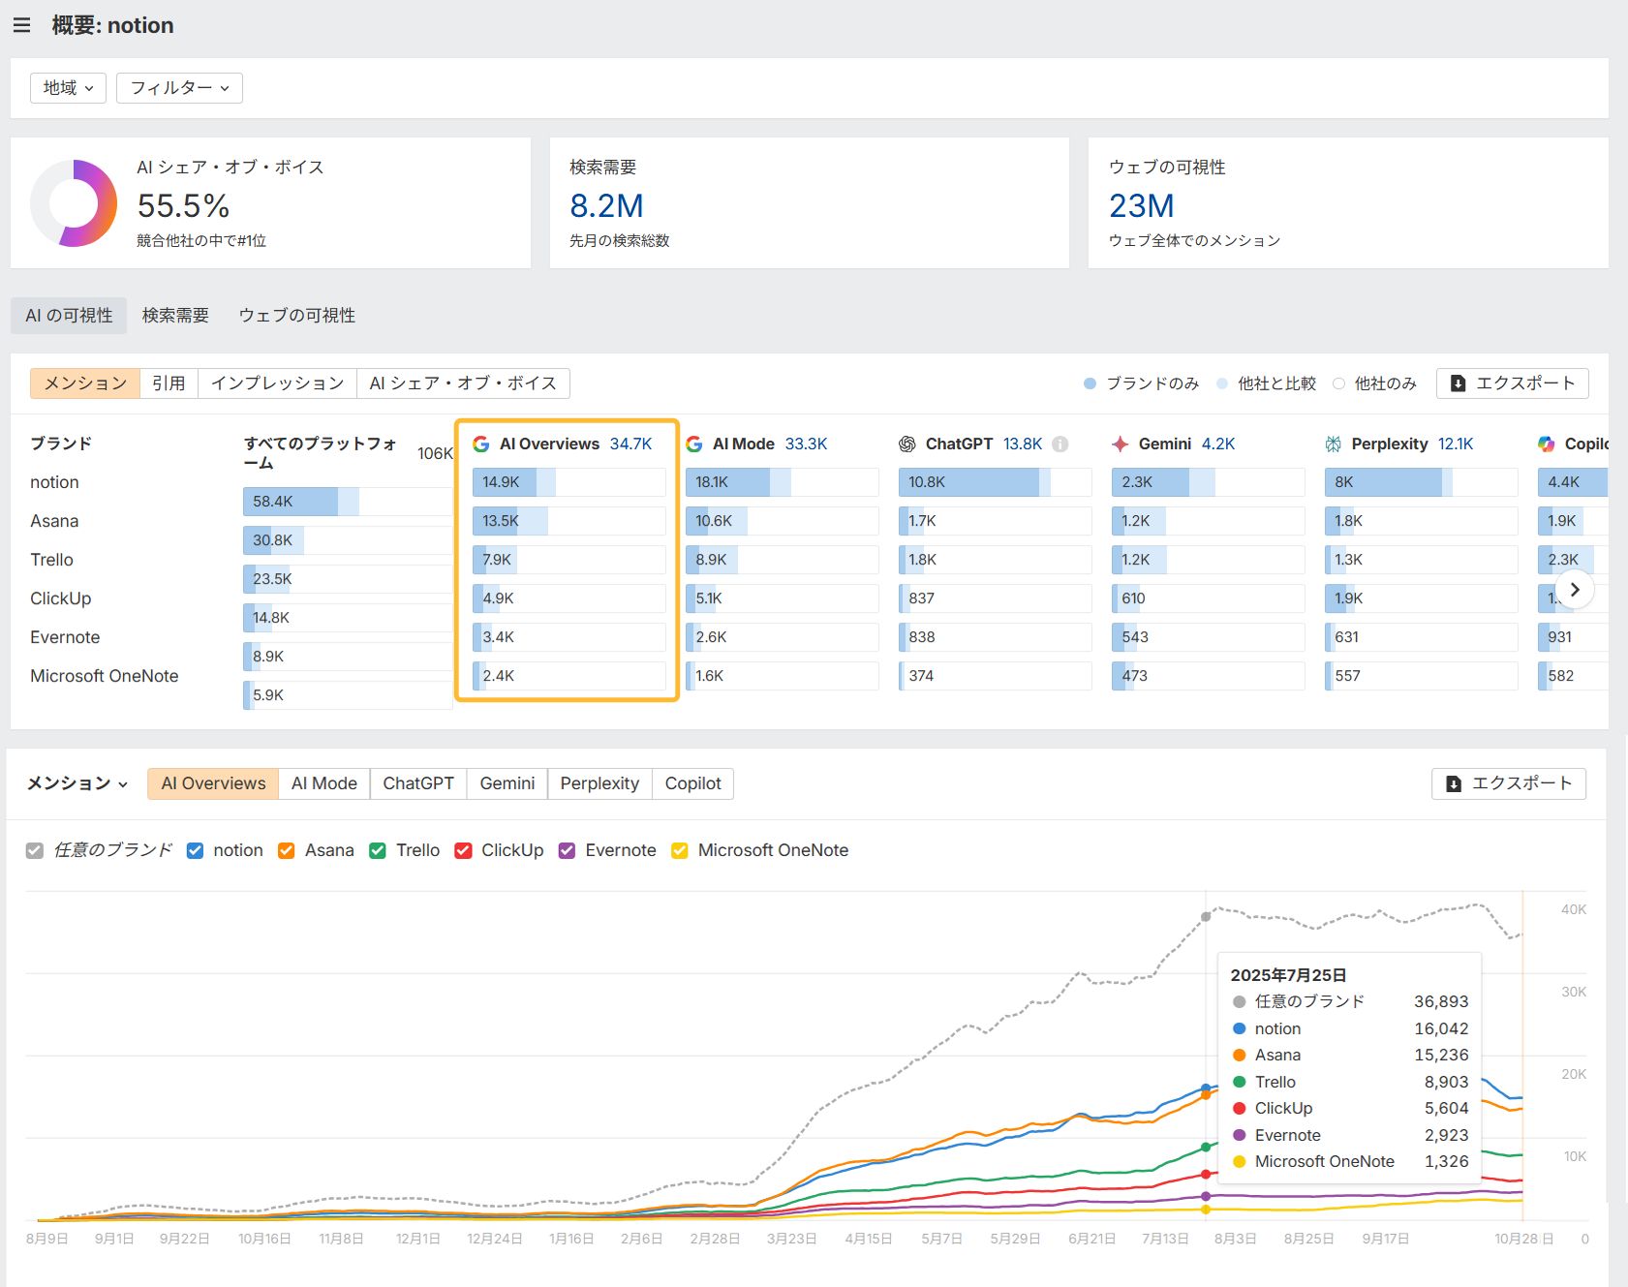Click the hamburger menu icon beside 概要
coord(21,25)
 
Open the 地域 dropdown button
coord(68,88)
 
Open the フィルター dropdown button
coord(179,88)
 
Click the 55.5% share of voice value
coord(183,206)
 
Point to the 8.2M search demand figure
coord(606,206)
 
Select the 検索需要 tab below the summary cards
coord(175,316)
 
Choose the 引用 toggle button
coord(169,383)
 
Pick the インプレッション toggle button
coord(277,383)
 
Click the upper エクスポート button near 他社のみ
coord(1512,383)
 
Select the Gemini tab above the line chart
coord(507,783)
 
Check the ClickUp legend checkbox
coord(464,850)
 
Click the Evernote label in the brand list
coord(65,637)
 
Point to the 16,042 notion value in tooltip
coord(1440,1028)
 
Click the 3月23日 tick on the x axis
coord(791,1239)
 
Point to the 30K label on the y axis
coord(1573,992)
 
